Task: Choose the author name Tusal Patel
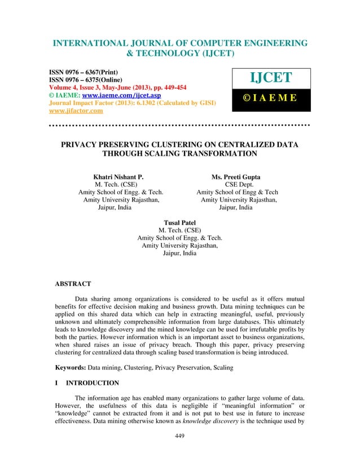point(179,222)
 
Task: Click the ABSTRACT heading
point(73,283)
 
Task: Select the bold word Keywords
point(70,367)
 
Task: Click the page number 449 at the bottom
point(180,436)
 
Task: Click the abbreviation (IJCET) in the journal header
point(210,54)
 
